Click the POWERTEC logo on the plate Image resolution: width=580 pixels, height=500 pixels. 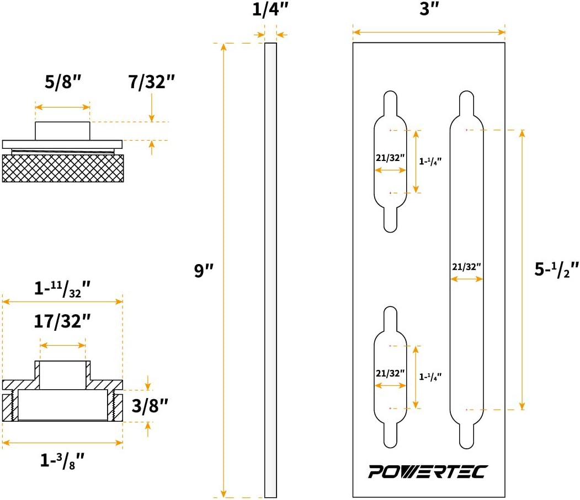click(427, 472)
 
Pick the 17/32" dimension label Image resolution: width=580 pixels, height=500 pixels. click(62, 321)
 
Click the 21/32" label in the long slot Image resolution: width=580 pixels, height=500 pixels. click(466, 266)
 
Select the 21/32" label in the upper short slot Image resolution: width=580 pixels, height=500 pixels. click(390, 158)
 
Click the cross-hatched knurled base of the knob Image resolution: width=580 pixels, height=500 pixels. click(63, 168)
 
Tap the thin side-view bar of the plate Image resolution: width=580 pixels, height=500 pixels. click(270, 270)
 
